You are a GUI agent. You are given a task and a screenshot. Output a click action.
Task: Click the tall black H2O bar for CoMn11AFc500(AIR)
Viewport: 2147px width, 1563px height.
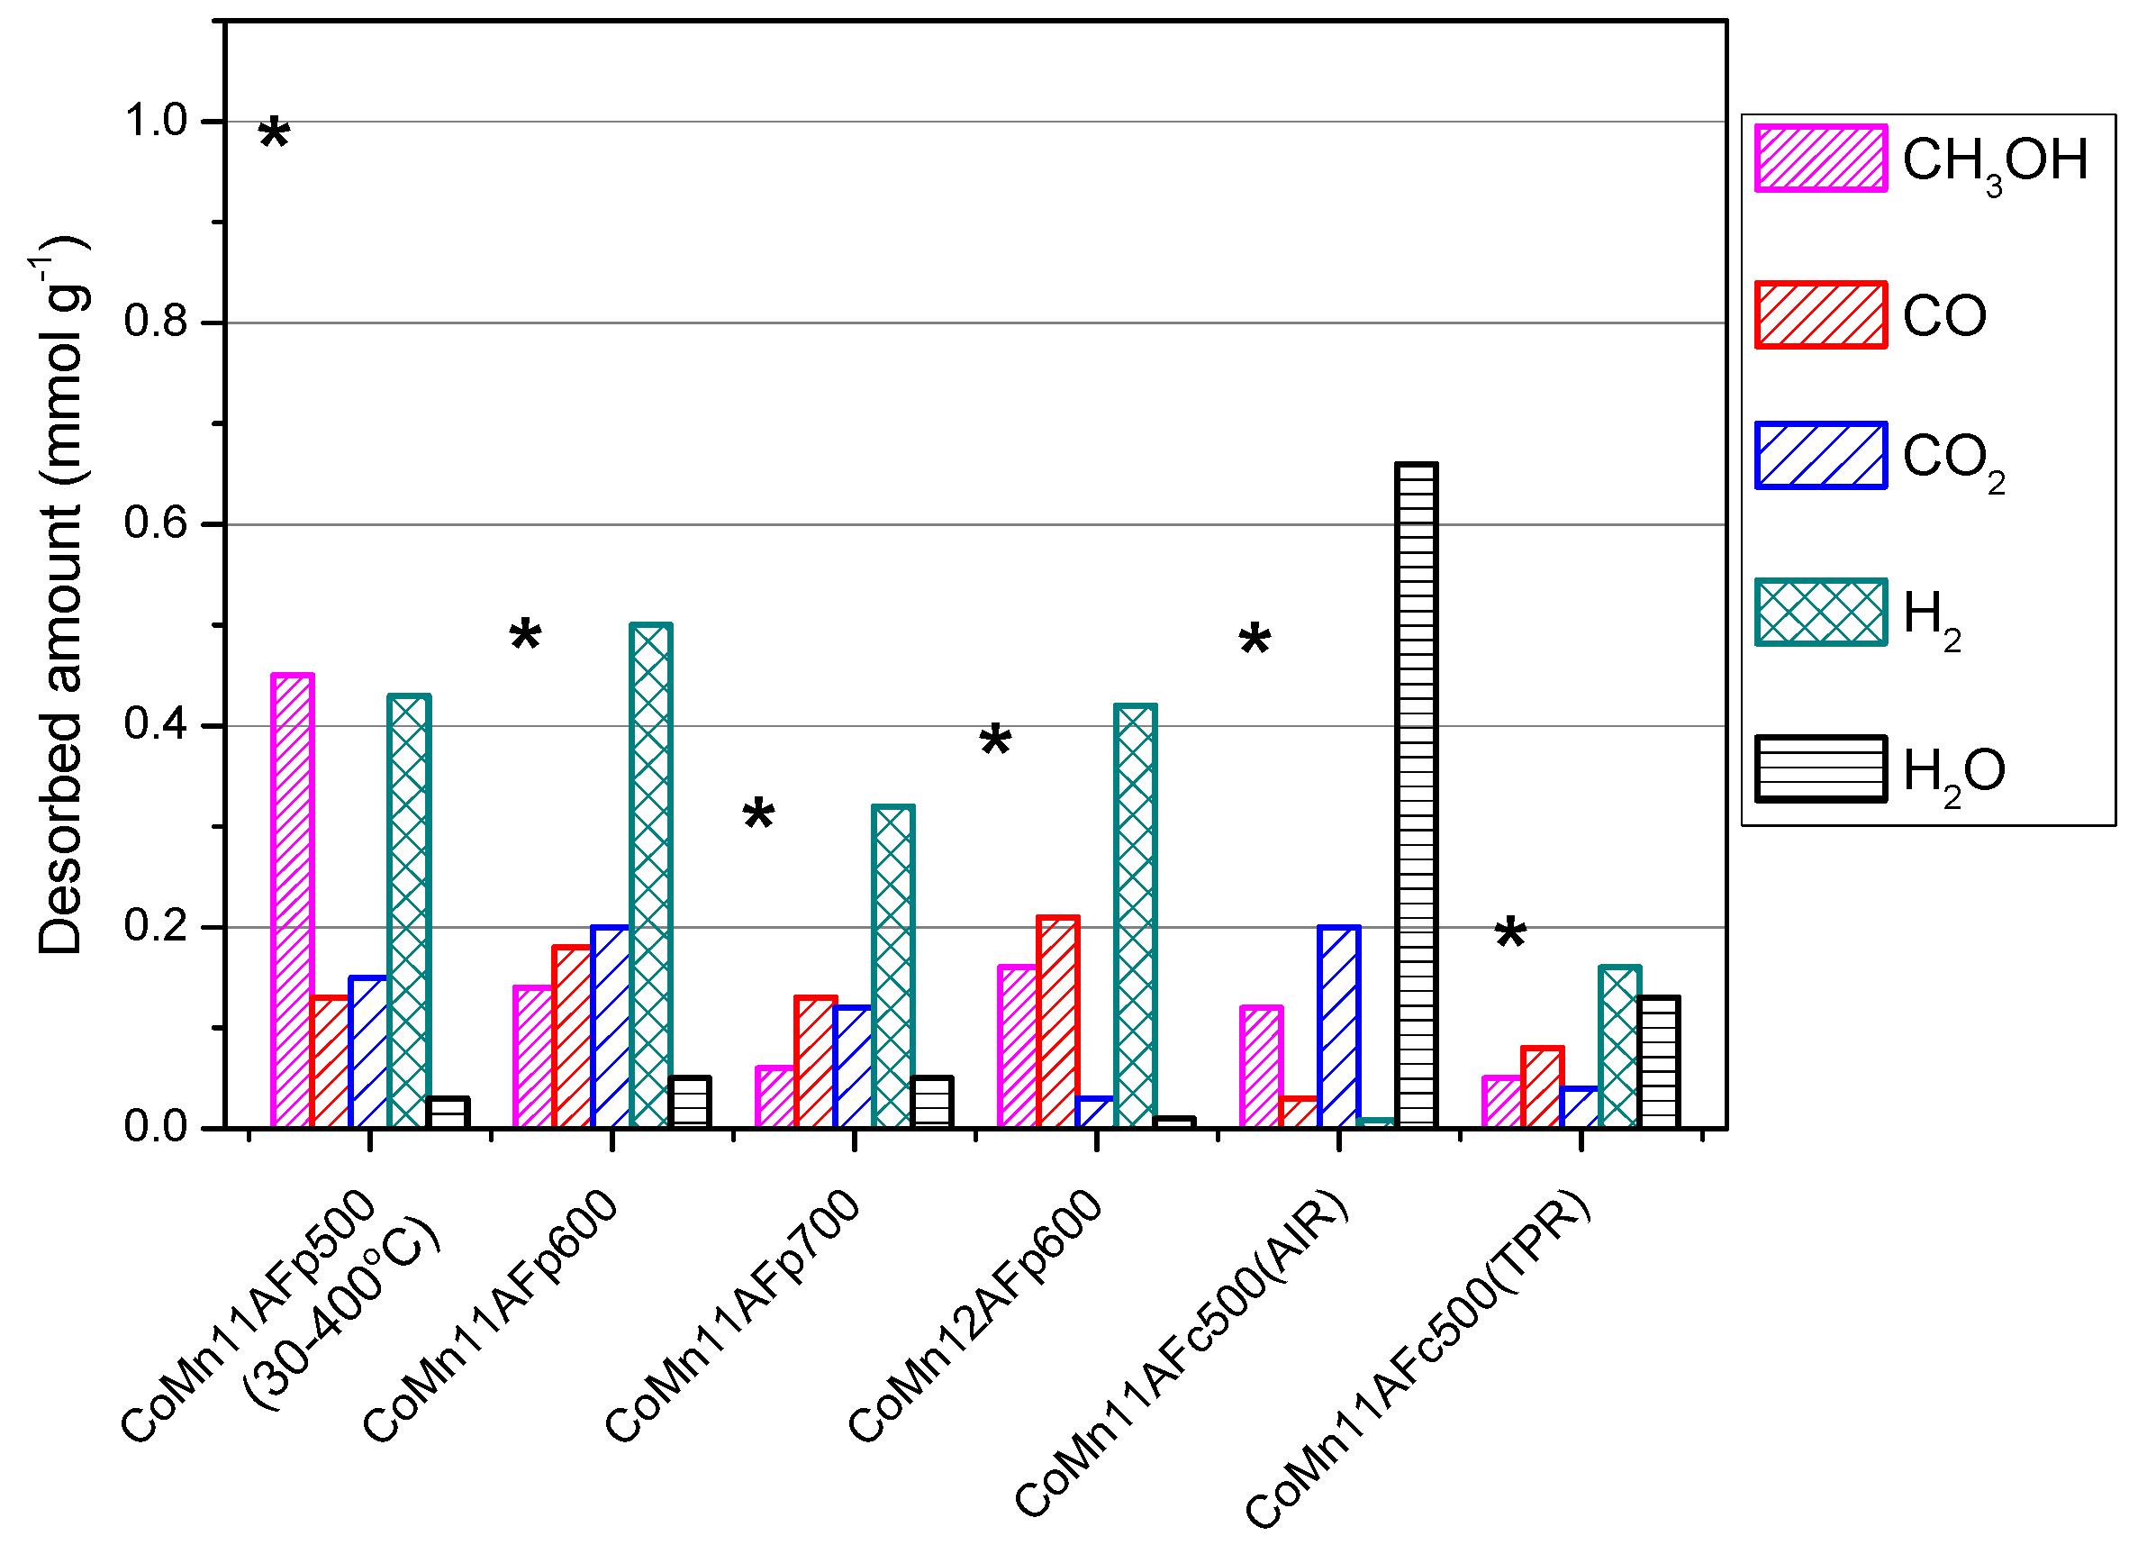click(x=1417, y=795)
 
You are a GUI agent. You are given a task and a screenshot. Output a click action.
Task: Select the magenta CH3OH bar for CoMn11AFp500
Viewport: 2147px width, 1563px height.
click(x=293, y=900)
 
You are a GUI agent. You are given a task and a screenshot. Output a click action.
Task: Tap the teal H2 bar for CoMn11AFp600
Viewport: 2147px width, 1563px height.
click(x=650, y=876)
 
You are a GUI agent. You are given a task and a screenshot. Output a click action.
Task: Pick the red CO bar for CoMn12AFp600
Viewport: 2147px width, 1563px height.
click(x=1057, y=1022)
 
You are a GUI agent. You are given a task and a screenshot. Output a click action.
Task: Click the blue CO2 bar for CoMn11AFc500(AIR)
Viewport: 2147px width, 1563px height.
click(x=1338, y=1027)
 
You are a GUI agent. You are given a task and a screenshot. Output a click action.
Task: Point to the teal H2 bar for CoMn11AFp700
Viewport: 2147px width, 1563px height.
click(x=892, y=967)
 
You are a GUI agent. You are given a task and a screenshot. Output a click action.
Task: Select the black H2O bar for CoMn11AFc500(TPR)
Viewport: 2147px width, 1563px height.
click(x=1659, y=1062)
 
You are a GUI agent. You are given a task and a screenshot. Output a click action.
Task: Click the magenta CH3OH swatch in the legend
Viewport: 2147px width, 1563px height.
click(x=1820, y=158)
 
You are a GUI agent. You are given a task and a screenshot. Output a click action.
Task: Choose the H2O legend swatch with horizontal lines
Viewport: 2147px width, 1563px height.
click(x=1820, y=768)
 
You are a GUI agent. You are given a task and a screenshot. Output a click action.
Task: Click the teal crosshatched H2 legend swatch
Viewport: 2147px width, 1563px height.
click(x=1820, y=613)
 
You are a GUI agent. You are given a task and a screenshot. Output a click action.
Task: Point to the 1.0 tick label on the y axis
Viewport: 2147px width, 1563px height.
click(x=156, y=122)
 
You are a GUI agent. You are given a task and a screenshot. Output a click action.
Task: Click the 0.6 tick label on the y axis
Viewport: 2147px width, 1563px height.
click(x=156, y=523)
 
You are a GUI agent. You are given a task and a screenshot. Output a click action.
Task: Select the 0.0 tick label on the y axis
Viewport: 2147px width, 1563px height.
click(x=156, y=1127)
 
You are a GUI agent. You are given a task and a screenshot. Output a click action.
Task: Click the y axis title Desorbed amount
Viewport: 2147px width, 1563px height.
click(x=62, y=596)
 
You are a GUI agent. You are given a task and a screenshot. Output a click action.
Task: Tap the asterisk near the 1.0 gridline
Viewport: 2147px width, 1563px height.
click(x=274, y=134)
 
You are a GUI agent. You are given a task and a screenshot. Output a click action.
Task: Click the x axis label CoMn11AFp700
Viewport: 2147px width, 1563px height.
click(x=734, y=1316)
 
